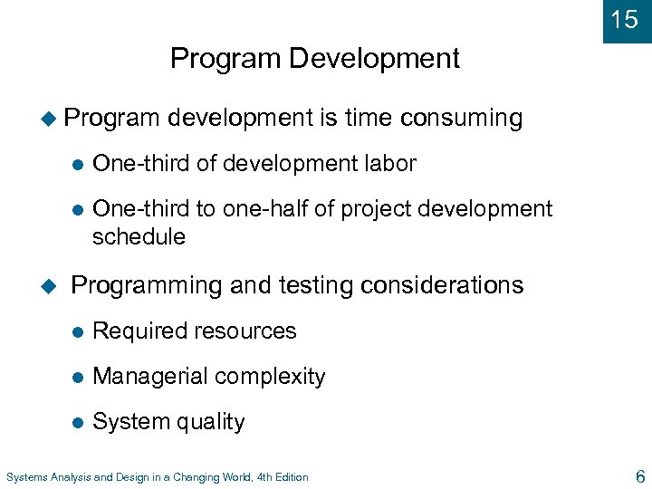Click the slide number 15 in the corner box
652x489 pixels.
tap(625, 19)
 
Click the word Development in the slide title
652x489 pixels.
tap(374, 59)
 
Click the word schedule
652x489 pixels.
tap(139, 237)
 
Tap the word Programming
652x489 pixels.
tap(147, 286)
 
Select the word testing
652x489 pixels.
tap(309, 285)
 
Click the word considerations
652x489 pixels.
tap(441, 285)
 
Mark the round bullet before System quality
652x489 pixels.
tap(78, 422)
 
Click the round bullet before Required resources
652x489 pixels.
tap(78, 331)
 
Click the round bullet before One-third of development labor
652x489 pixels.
tap(78, 164)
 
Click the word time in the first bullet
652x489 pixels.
tap(367, 118)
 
